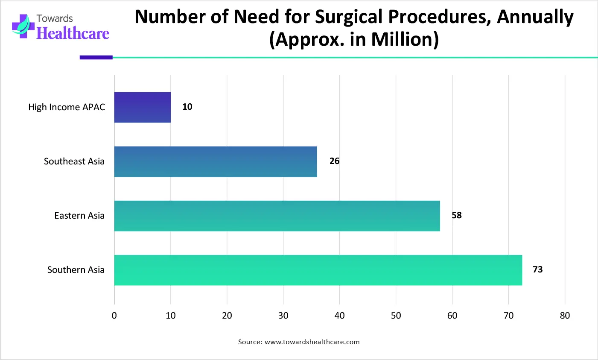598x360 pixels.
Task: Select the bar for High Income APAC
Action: click(x=143, y=108)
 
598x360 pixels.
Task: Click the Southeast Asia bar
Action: click(x=216, y=161)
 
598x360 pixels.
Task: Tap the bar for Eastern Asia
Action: click(x=277, y=216)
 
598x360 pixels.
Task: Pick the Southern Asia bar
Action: click(x=318, y=270)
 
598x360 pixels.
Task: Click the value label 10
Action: click(x=187, y=107)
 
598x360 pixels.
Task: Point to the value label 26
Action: click(x=334, y=161)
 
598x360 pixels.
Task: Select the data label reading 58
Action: click(x=457, y=215)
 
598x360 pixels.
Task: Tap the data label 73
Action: click(x=537, y=269)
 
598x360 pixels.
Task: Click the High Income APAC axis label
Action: click(x=67, y=107)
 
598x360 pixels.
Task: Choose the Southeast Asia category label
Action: click(x=74, y=161)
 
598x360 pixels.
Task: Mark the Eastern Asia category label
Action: click(x=79, y=216)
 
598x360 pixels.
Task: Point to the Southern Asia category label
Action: click(x=76, y=270)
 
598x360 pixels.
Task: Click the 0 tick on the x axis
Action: click(x=114, y=316)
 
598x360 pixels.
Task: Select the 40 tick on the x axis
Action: click(x=339, y=316)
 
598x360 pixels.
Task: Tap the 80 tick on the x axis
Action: click(x=565, y=316)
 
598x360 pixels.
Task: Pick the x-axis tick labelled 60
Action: click(x=452, y=316)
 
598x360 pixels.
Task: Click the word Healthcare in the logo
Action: click(x=73, y=33)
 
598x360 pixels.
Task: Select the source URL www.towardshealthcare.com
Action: click(x=312, y=342)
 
